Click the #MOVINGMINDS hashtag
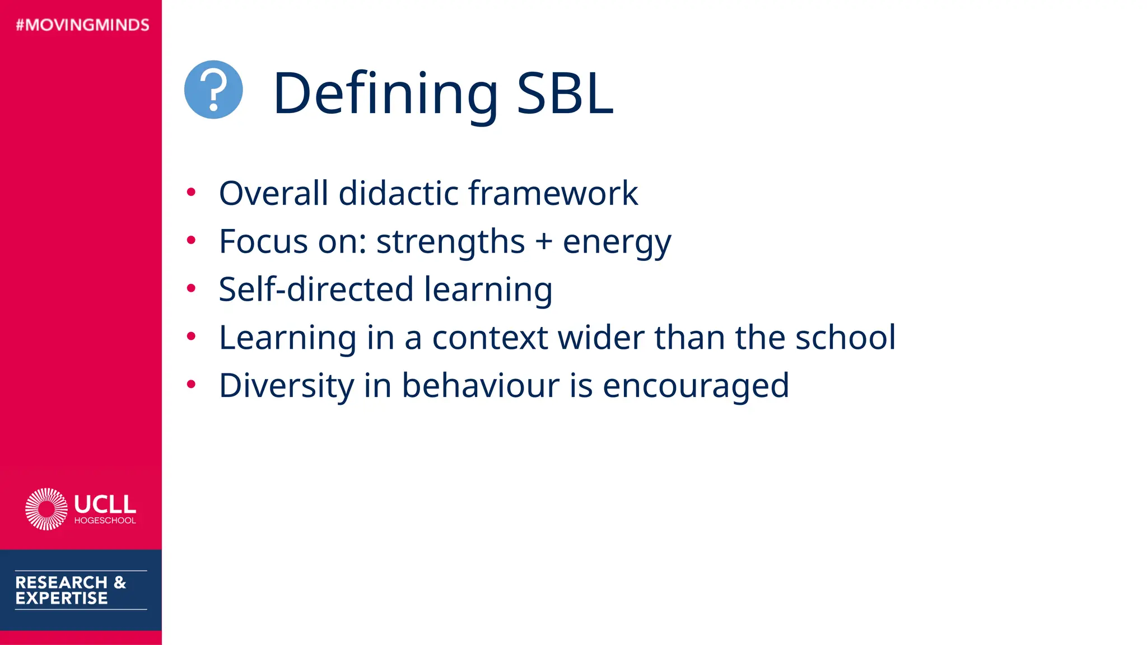click(83, 25)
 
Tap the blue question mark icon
click(213, 90)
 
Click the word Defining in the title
click(385, 94)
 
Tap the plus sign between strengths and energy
click(543, 242)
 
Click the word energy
click(616, 243)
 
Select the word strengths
click(450, 242)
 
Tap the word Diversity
click(286, 386)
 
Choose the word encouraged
click(696, 386)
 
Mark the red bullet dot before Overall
click(191, 193)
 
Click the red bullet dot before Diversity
click(191, 385)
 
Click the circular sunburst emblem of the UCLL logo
click(46, 509)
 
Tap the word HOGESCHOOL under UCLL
click(105, 521)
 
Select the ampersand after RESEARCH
click(120, 582)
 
